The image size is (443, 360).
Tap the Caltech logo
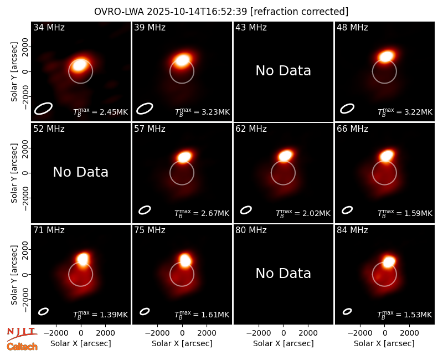point(22,347)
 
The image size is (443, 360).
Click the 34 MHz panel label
point(49,27)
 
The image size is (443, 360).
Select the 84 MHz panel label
point(352,230)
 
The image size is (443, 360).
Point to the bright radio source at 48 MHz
point(387,56)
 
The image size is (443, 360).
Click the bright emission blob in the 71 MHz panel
point(83,259)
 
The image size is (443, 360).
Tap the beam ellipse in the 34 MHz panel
point(43,109)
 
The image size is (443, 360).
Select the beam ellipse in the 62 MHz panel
point(246,210)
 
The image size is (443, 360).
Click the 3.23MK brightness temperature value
point(215,112)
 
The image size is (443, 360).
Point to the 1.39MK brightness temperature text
point(114,315)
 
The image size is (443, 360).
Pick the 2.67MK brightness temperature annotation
point(215,213)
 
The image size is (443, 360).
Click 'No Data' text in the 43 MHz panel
point(284,71)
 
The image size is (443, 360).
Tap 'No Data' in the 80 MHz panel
point(284,273)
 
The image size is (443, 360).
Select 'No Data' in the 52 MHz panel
point(81,172)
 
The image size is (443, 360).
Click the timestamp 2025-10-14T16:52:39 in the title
point(197,12)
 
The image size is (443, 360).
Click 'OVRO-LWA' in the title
point(119,12)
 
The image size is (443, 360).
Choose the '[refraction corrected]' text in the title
point(299,12)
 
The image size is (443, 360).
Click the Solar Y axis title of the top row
point(14,72)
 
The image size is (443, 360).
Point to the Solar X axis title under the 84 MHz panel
point(384,343)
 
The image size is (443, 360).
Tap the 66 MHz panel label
point(352,129)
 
